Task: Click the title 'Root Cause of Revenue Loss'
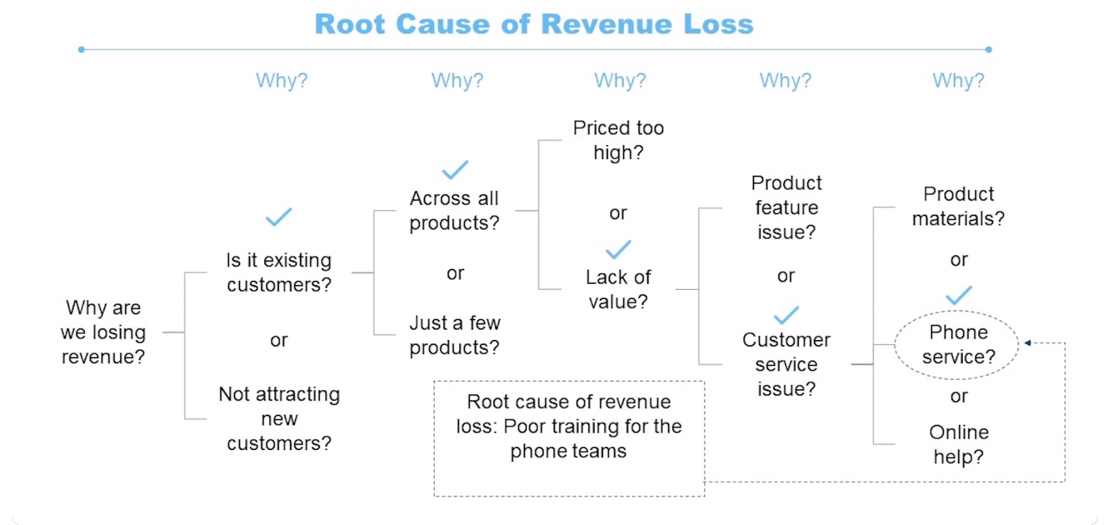pyautogui.click(x=534, y=24)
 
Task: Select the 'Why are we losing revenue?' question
pyautogui.click(x=103, y=332)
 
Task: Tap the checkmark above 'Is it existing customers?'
pyautogui.click(x=279, y=217)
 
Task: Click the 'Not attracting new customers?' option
pyautogui.click(x=279, y=419)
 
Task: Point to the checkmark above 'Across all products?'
pyautogui.click(x=455, y=170)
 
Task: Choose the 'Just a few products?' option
pyautogui.click(x=454, y=335)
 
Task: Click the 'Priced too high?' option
pyautogui.click(x=618, y=140)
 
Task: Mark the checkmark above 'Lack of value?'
pyautogui.click(x=618, y=249)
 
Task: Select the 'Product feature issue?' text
pyautogui.click(x=787, y=207)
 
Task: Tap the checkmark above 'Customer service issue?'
pyautogui.click(x=787, y=315)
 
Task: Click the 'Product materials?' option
pyautogui.click(x=958, y=206)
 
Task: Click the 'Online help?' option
pyautogui.click(x=959, y=444)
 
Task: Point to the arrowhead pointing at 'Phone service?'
pyautogui.click(x=1027, y=343)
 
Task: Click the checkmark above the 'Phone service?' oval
pyautogui.click(x=959, y=296)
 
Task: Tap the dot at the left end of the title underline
pyautogui.click(x=81, y=49)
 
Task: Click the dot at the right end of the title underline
pyautogui.click(x=988, y=49)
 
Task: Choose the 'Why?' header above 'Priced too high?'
pyautogui.click(x=620, y=81)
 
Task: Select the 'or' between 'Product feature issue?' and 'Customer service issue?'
pyautogui.click(x=786, y=276)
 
